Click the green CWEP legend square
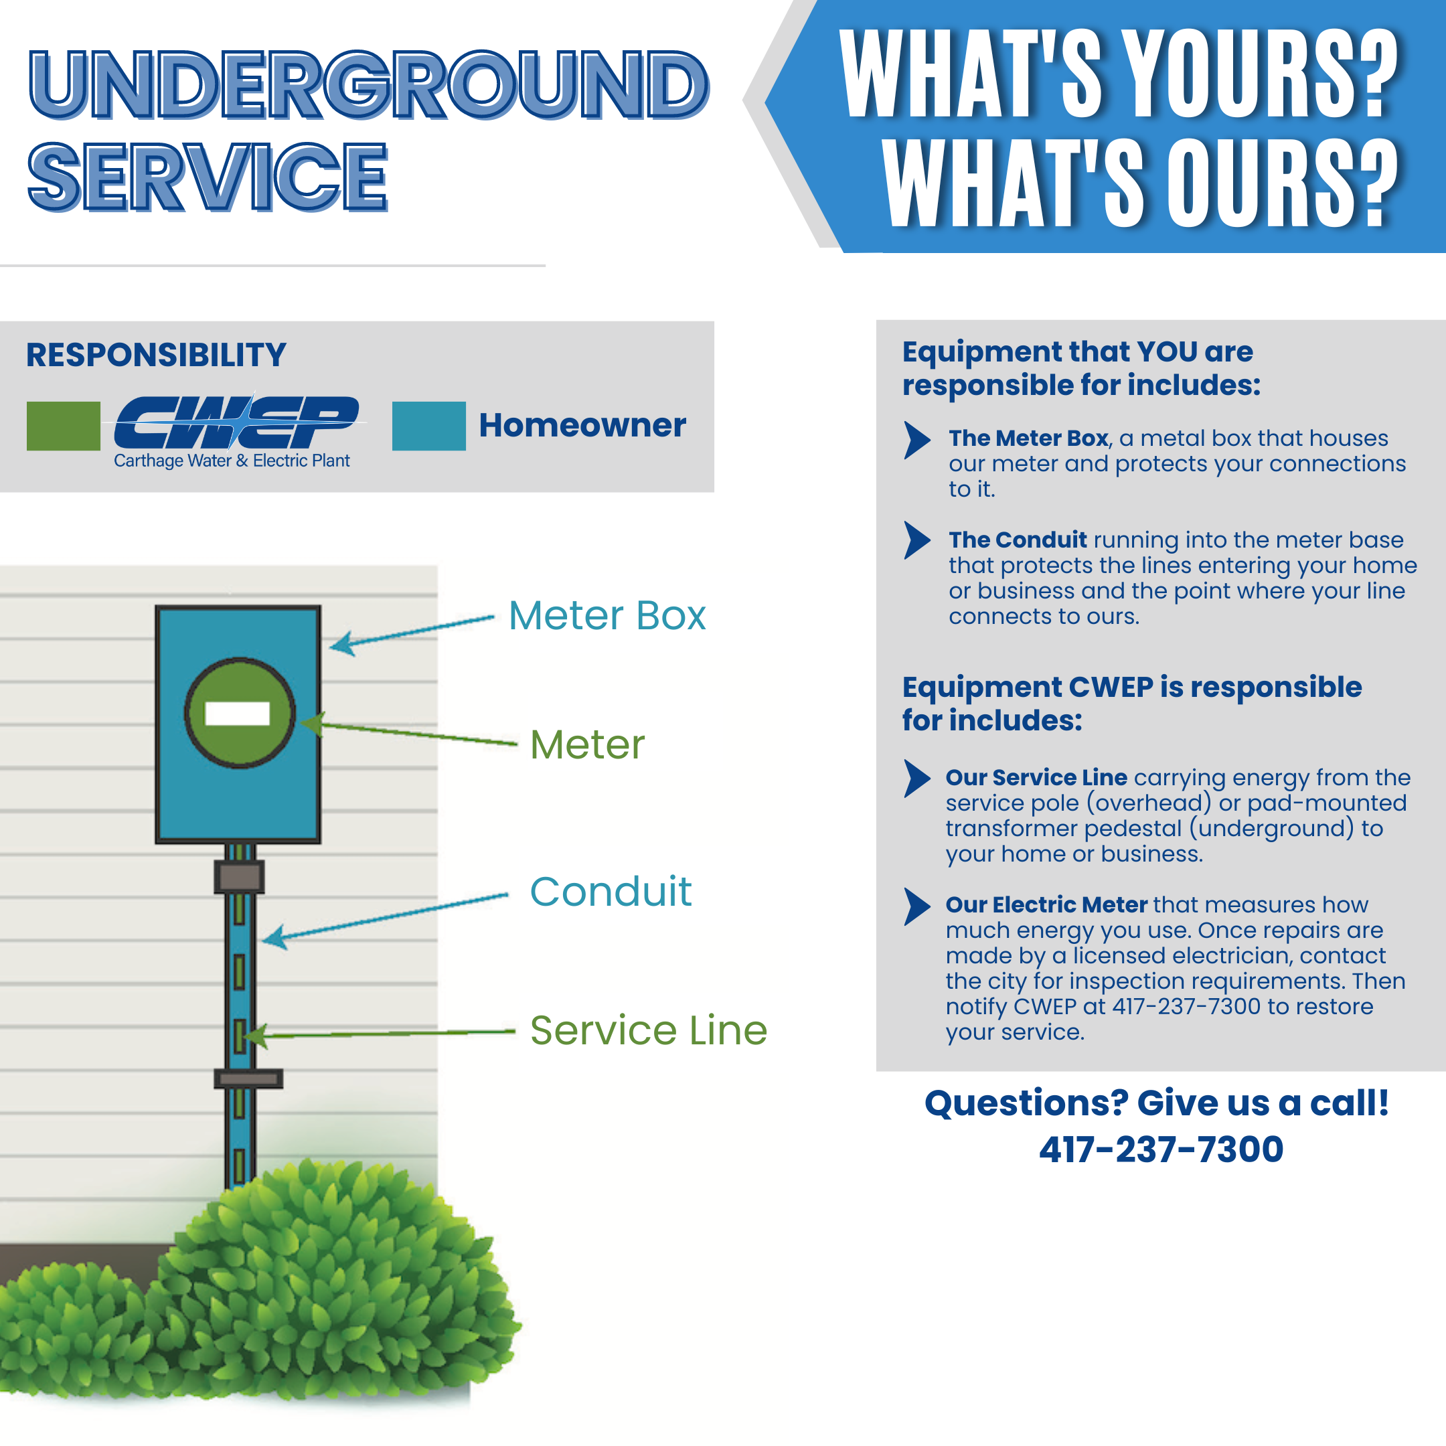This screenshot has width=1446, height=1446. coord(64,426)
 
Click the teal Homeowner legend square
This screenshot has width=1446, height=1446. coord(429,426)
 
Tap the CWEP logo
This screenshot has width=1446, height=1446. coord(236,430)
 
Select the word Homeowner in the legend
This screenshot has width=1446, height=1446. coord(582,425)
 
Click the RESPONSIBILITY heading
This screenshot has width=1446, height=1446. coord(157,355)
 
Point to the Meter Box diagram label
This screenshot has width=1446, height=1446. coord(607,616)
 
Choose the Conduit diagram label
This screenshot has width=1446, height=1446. coord(611,892)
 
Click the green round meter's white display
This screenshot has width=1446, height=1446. coord(237,713)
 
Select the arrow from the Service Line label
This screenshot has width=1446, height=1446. coord(379,1034)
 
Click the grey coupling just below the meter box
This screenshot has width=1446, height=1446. coord(239,876)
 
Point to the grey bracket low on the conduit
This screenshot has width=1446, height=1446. coord(248,1078)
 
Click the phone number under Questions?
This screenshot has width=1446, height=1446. coord(1161,1149)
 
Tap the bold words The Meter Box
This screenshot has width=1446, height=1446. coord(1028,438)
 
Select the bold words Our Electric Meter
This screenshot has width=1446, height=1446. coord(1046,904)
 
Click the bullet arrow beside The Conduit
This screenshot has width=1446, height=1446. coord(917,540)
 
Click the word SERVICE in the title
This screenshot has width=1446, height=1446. coord(208,177)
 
